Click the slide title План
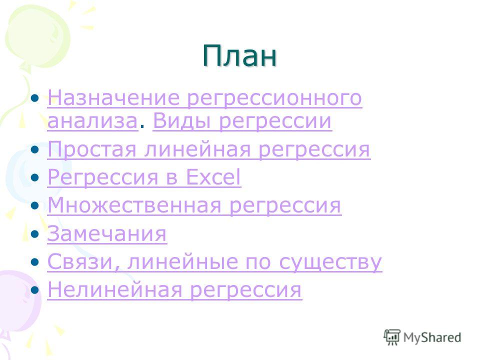tap(239, 55)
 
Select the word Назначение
tap(113, 97)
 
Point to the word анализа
tap(92, 121)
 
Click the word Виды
tap(181, 121)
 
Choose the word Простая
tap(92, 149)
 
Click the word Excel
tap(213, 177)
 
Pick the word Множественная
tap(134, 205)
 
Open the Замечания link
tap(107, 234)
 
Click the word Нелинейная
tap(115, 289)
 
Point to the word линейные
tap(182, 261)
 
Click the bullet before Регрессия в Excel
tap(35, 177)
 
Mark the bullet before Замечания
tap(35, 234)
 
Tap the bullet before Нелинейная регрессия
tap(35, 290)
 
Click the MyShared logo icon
tap(392, 337)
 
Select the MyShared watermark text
tap(432, 337)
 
